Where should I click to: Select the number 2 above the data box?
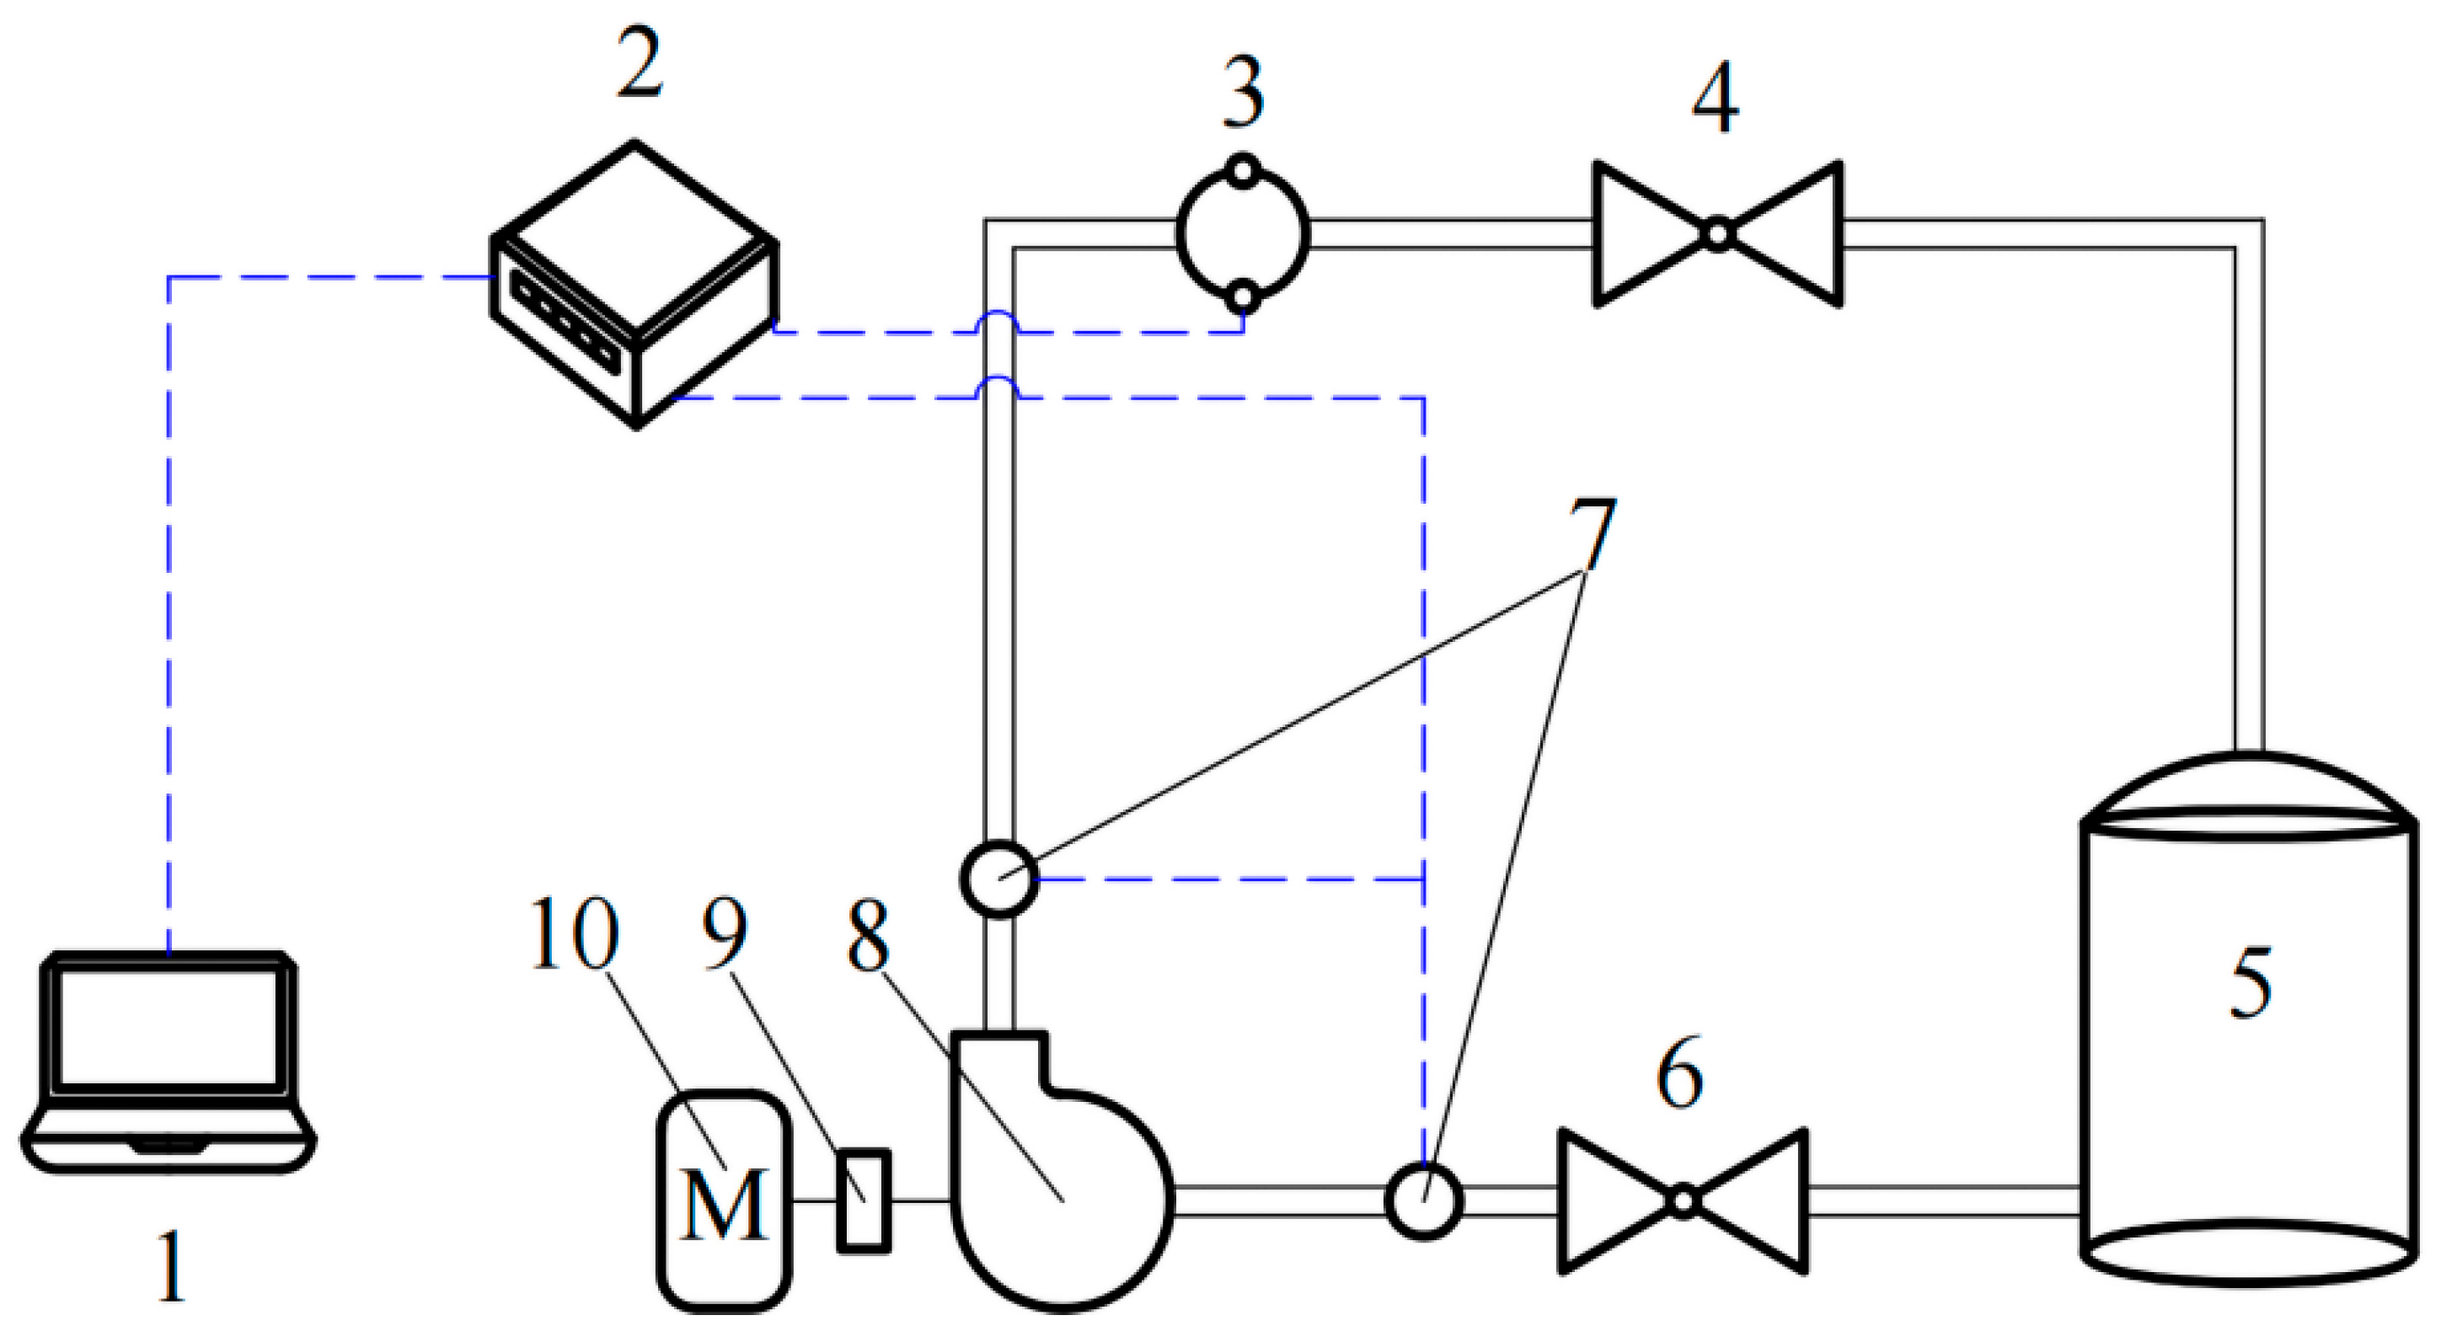tap(639, 64)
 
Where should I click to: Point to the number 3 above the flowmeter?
tap(1243, 94)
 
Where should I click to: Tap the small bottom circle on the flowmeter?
tap(1243, 297)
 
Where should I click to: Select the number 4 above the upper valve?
tap(1716, 99)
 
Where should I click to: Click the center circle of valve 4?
tap(1718, 233)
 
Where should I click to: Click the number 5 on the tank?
tap(2250, 985)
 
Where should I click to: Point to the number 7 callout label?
tap(1592, 537)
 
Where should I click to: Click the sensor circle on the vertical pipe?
tap(999, 880)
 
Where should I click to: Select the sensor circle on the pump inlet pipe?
tap(1423, 1200)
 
